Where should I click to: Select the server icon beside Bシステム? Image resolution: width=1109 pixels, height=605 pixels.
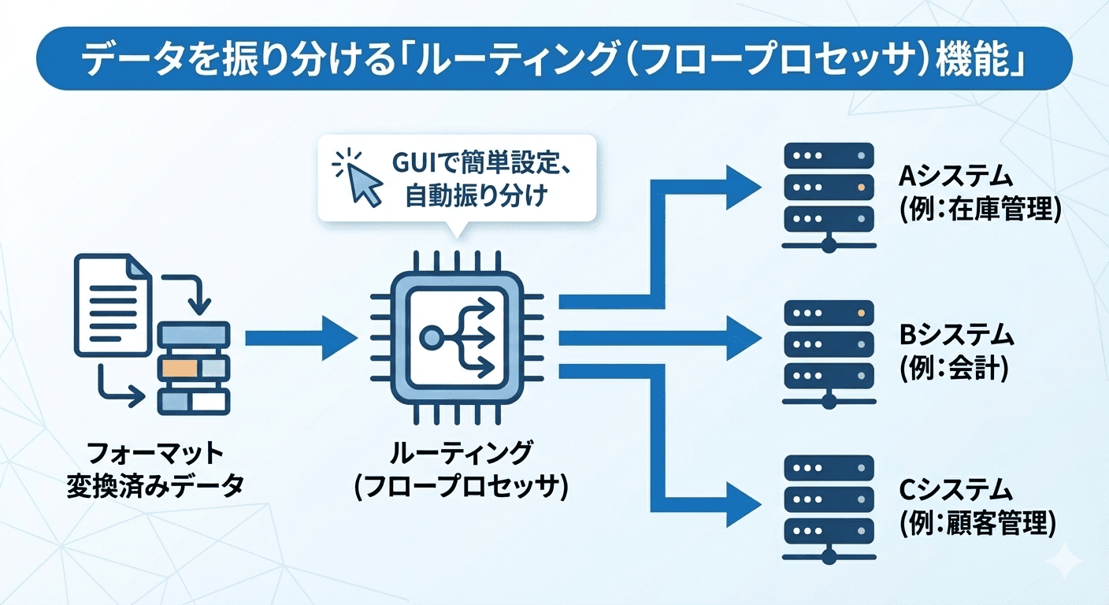tap(829, 352)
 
